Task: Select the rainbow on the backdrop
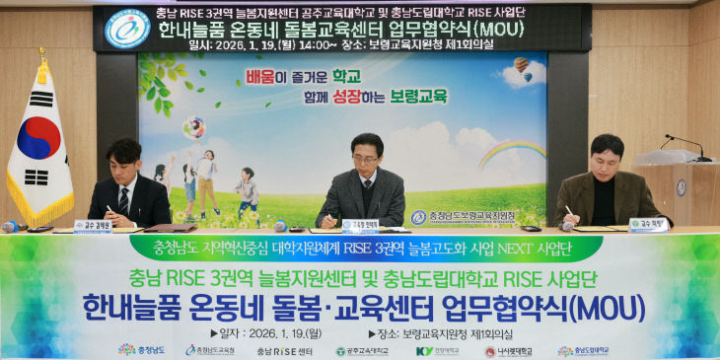pos(512,152)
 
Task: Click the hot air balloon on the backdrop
pos(521,67)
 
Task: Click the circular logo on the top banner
pos(128,28)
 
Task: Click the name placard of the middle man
pos(361,225)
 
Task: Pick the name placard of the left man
pos(94,225)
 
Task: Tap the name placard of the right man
pos(647,224)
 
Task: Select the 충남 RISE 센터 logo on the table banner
pos(285,351)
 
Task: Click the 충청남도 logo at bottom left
pos(142,350)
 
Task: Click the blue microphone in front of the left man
pos(10,227)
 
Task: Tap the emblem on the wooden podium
pos(681,188)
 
